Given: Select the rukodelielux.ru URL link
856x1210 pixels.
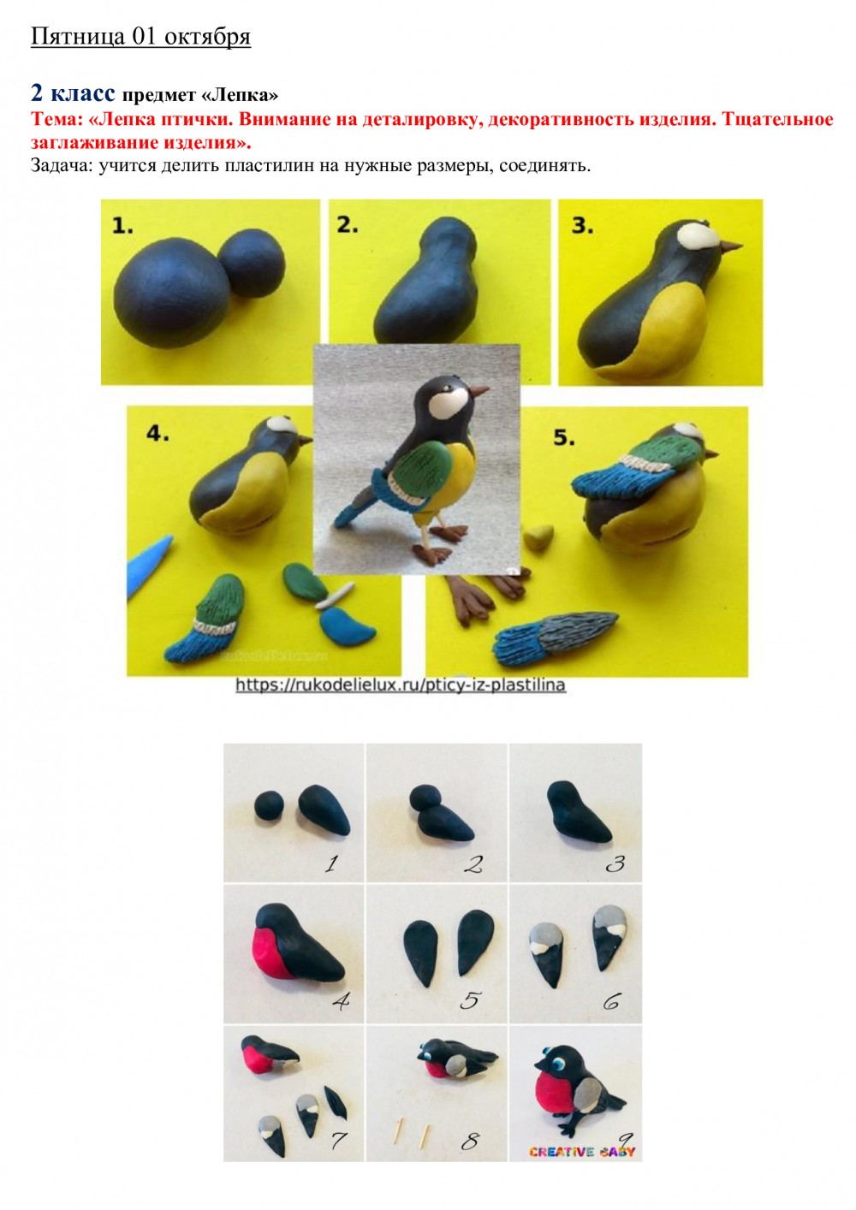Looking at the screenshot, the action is (401, 685).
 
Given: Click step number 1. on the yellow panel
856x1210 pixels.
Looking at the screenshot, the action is (122, 225).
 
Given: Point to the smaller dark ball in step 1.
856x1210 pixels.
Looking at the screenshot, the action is (253, 263).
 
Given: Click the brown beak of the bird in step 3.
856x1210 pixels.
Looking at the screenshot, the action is (731, 247).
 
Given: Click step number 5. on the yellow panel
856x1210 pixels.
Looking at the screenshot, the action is (563, 437).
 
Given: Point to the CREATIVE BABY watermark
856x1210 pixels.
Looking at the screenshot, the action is (582, 1152).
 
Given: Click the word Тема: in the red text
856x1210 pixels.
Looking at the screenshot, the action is (56, 120).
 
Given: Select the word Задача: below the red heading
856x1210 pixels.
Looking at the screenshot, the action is (61, 165).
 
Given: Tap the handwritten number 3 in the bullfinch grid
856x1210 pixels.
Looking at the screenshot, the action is (615, 864).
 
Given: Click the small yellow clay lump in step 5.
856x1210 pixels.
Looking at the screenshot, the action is (538, 538).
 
